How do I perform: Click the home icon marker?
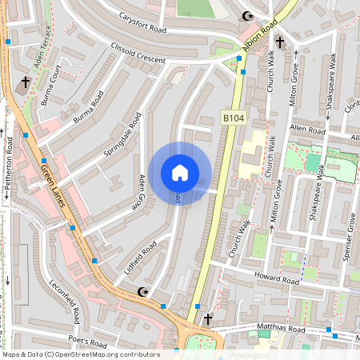[x=180, y=173]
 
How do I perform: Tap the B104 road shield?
[x=233, y=118]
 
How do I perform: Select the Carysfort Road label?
[x=140, y=22]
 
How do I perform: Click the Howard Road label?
[x=277, y=279]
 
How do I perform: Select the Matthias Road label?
[x=281, y=329]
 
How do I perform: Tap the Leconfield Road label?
[x=65, y=302]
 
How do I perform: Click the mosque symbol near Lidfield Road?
[x=144, y=291]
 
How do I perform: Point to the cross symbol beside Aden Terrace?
[x=25, y=82]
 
